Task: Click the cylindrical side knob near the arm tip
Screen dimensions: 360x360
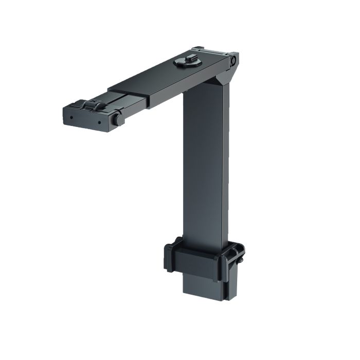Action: coord(118,119)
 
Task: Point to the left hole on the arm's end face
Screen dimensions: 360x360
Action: coord(71,116)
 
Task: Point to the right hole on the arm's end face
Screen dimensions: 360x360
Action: coord(99,123)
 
